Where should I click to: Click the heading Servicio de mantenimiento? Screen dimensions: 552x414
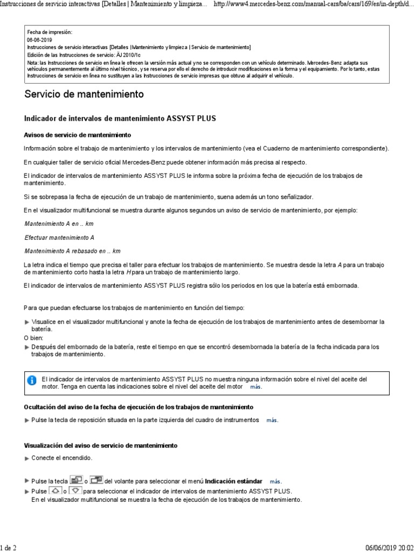click(x=84, y=94)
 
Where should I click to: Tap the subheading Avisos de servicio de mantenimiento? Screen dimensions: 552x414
click(x=78, y=134)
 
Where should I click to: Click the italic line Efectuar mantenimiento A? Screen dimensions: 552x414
click(x=59, y=237)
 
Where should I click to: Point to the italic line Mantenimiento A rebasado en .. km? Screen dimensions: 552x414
click(x=73, y=251)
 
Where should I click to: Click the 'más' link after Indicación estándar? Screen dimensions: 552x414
click(x=275, y=481)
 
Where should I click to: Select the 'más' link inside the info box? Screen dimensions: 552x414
click(x=255, y=387)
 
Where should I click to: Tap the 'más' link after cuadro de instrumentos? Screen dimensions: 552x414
click(x=272, y=420)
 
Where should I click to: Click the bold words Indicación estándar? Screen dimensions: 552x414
click(x=234, y=481)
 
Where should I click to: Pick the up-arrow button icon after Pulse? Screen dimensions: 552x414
click(x=55, y=491)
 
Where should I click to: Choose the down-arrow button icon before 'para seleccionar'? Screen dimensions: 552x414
click(x=76, y=491)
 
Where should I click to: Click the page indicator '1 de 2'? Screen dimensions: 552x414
click(x=9, y=548)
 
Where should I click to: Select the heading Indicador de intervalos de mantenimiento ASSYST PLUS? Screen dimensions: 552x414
click(x=120, y=118)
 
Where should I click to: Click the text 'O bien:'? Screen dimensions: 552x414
click(x=34, y=337)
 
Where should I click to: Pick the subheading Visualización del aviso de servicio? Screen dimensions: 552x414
click(x=101, y=445)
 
